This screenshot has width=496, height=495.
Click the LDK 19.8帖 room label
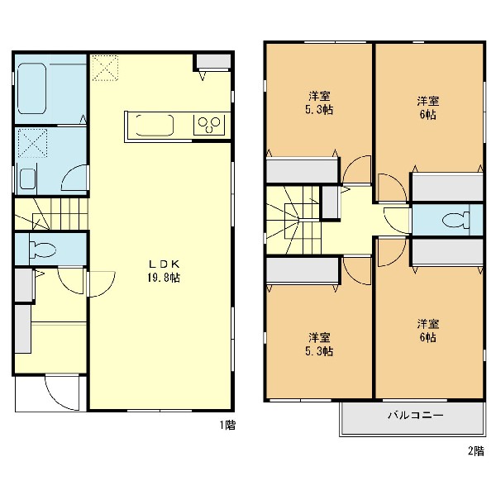pos(164,271)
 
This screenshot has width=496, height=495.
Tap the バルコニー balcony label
pos(415,415)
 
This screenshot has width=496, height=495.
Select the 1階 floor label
pos(228,425)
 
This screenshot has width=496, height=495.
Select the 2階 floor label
pos(476,450)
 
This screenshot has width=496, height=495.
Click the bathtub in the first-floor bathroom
pos(32,89)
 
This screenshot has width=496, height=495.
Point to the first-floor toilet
pos(42,250)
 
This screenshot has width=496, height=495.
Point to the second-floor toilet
pos(455,220)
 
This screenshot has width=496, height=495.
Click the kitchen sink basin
pos(155,126)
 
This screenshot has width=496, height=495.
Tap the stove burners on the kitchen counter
pos(209,126)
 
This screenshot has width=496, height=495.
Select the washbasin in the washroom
pos(28,178)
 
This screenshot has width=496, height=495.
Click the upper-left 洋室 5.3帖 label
pos(319,102)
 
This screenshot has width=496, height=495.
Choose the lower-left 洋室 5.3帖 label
pos(319,344)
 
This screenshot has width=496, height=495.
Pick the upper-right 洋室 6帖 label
pos(427,108)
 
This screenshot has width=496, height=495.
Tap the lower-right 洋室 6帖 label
pos(427,331)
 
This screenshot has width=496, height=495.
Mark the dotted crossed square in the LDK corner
pos(105,68)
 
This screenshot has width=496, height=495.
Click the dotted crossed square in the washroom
pos(32,143)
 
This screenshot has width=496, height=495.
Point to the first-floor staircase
pos(51,214)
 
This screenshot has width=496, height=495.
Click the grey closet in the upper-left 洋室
pos(302,171)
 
